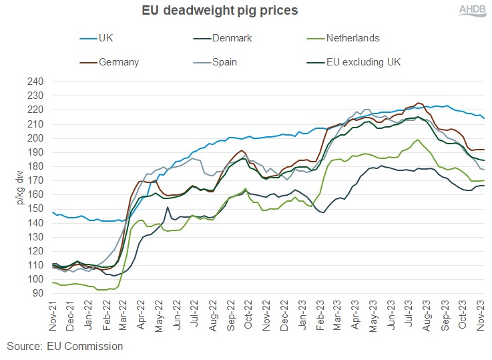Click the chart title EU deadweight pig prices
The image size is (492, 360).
click(x=220, y=11)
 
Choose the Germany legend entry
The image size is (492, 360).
click(x=117, y=63)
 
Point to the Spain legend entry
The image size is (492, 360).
click(x=226, y=63)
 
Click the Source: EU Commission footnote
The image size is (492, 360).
click(x=65, y=346)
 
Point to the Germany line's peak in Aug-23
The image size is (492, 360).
click(x=419, y=103)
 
